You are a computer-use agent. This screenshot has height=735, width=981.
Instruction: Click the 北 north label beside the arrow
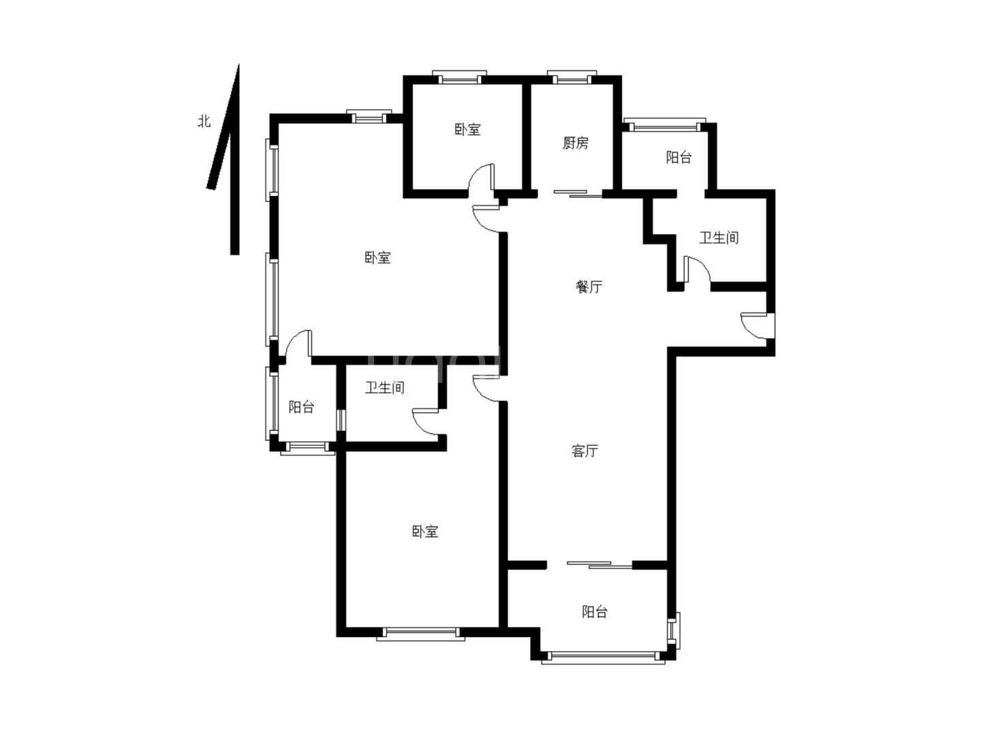204,121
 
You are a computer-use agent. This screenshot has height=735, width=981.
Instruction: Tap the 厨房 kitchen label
575,143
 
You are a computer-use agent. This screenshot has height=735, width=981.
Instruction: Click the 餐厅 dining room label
589,287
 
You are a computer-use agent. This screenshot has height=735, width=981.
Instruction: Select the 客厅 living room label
585,451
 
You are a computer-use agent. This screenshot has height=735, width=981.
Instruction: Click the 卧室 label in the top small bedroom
467,129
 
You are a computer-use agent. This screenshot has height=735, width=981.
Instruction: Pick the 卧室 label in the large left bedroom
377,257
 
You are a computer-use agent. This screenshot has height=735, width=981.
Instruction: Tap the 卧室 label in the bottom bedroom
425,532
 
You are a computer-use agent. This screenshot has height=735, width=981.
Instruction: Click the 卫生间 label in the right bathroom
719,238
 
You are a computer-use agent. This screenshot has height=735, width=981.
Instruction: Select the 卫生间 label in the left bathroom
385,387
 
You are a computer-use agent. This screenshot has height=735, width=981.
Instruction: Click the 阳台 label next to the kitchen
679,157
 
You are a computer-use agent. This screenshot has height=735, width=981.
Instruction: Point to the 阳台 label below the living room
595,612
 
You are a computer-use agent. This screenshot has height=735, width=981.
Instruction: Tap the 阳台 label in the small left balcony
301,407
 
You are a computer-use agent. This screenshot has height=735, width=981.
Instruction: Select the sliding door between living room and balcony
599,565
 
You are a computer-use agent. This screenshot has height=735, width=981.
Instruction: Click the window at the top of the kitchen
572,78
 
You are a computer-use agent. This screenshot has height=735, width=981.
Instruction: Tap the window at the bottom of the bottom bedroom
420,634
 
